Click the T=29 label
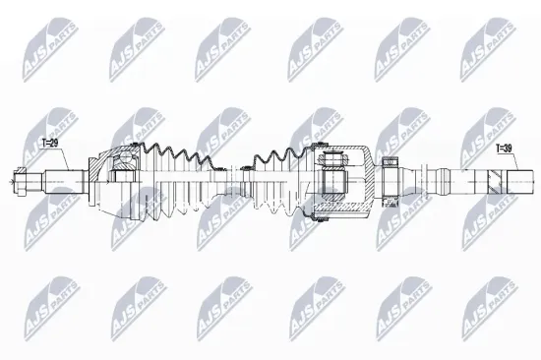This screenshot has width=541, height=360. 50,143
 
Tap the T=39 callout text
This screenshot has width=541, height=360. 504,149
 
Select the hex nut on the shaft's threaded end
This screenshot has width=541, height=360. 20,181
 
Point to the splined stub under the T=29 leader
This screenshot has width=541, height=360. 64,182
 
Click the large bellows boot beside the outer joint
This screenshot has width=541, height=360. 179,179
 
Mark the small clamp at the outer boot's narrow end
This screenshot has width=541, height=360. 219,169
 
